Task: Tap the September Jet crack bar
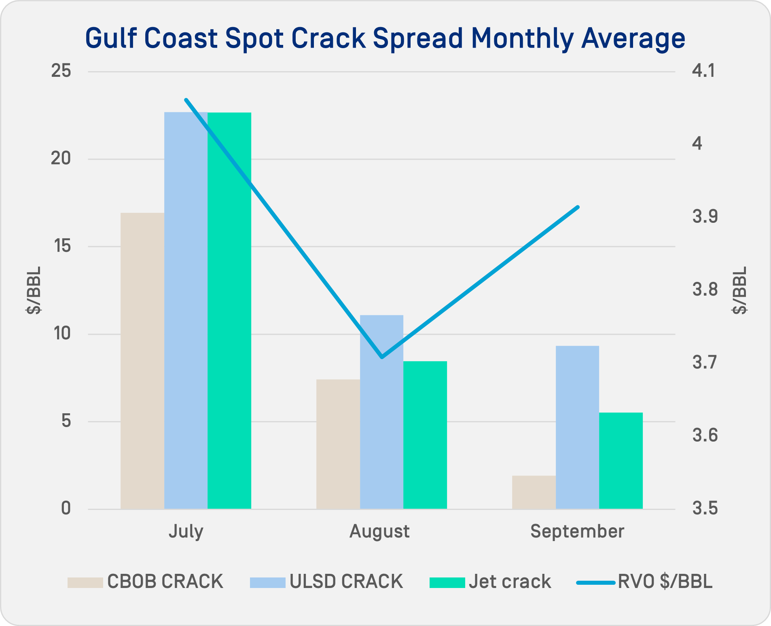coord(621,461)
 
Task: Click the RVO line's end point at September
coord(578,207)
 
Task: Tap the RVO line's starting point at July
coord(186,99)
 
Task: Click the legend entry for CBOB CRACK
coord(145,582)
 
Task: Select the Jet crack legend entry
coord(490,582)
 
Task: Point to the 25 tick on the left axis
coord(61,71)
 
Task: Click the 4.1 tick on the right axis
coord(703,71)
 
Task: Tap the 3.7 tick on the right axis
coord(705,362)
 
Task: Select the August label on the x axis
coord(379,531)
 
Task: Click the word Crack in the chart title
coord(328,38)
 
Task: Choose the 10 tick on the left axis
coord(61,334)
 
